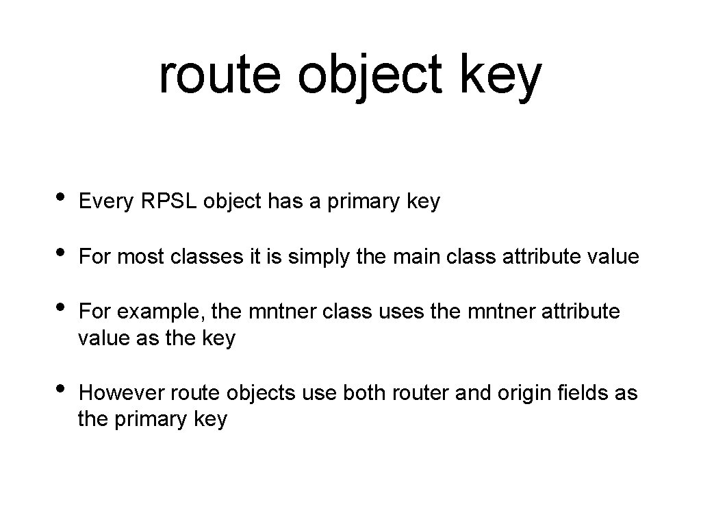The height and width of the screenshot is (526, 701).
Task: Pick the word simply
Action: [316, 258]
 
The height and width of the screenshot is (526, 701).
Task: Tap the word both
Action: [364, 393]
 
